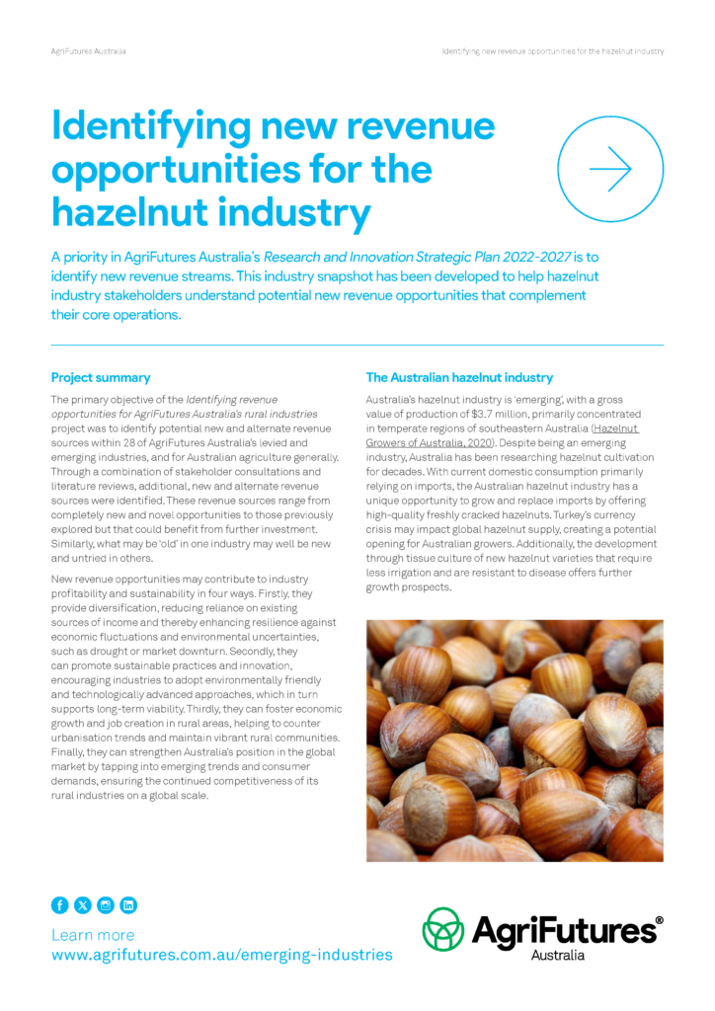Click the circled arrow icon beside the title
coord(610,169)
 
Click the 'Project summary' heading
coord(101,377)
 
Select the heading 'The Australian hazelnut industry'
coord(459,377)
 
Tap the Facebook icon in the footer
coord(59,904)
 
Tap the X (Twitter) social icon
coord(82,904)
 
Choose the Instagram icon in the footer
coord(106,904)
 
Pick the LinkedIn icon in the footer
coord(128,904)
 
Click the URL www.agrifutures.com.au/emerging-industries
coord(221,955)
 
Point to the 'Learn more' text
coord(93,934)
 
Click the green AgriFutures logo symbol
coord(443,929)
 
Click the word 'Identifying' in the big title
coord(152,126)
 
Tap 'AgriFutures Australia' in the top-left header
coord(88,50)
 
